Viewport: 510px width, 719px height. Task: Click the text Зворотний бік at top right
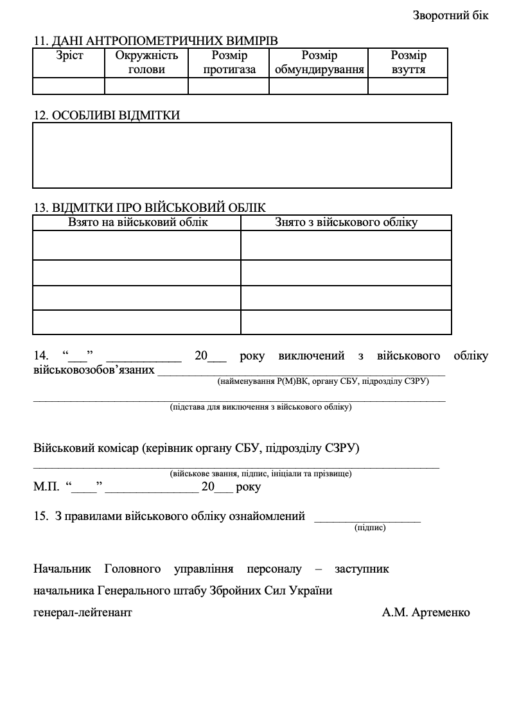click(450, 15)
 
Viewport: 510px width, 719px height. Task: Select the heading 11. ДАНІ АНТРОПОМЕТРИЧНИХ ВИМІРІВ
click(155, 41)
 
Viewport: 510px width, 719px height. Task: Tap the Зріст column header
click(69, 56)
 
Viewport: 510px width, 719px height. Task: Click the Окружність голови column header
click(146, 62)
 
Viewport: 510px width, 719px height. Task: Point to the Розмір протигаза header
click(229, 62)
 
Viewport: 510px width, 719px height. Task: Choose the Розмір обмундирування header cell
click(319, 62)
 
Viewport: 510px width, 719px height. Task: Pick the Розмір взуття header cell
click(409, 62)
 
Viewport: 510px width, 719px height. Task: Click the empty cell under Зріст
click(69, 86)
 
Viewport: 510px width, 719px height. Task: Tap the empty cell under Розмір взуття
click(409, 86)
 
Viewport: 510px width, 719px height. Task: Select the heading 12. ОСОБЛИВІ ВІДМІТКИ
click(107, 116)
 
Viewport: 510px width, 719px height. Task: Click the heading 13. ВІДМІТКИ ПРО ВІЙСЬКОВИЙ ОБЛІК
click(149, 207)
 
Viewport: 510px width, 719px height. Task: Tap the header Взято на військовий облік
click(137, 222)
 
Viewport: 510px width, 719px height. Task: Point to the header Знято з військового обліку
click(346, 222)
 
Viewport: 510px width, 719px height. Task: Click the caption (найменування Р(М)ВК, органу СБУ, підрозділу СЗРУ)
click(323, 381)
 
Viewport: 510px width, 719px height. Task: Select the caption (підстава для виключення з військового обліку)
click(260, 407)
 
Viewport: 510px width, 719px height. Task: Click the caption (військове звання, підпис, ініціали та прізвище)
click(260, 474)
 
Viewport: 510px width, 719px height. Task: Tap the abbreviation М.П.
click(45, 487)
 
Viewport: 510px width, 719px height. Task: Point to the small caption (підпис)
click(369, 528)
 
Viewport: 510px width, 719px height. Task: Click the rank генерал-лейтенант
click(82, 612)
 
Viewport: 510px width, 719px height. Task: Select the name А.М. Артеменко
click(426, 612)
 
